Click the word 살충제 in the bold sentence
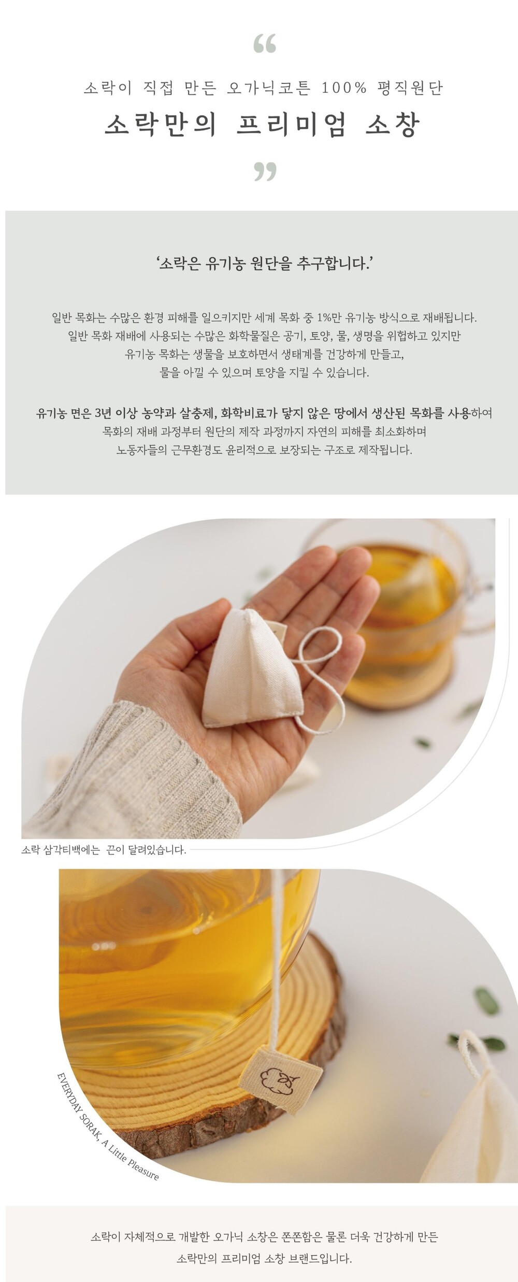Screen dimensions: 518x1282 (x=198, y=413)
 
